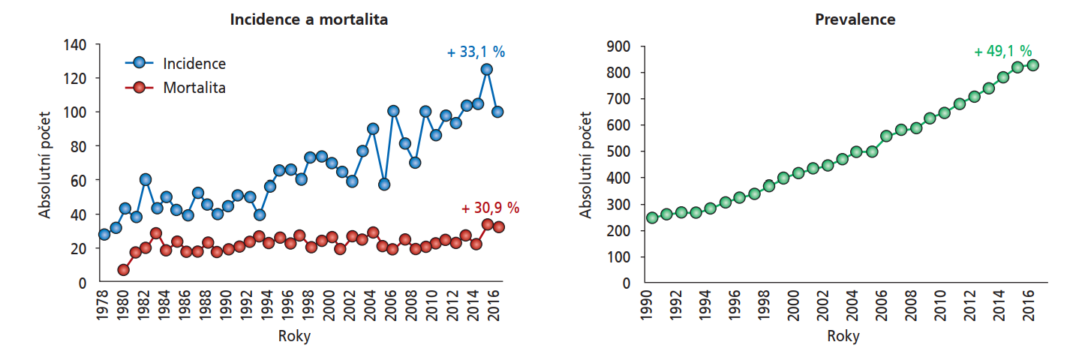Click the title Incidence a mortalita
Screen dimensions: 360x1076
[308, 20]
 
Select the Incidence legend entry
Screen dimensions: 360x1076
[194, 64]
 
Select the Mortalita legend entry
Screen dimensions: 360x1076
[194, 88]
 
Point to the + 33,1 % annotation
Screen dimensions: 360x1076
[476, 52]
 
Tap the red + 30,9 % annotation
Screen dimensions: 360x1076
[490, 208]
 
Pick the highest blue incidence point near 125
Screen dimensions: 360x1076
[486, 69]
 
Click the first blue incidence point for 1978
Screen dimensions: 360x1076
[104, 234]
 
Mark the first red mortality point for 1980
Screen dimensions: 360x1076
[124, 270]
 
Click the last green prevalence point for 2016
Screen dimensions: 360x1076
[1032, 65]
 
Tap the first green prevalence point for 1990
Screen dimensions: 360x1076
[652, 217]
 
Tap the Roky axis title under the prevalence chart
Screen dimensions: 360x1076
[843, 336]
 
